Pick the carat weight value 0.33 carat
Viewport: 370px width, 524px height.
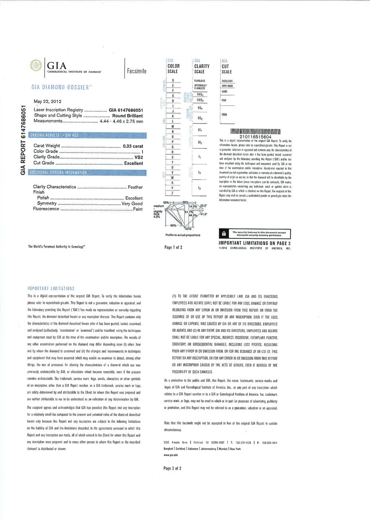pos(132,146)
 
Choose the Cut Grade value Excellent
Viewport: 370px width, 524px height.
pos(133,163)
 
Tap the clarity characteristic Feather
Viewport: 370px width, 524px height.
pos(135,187)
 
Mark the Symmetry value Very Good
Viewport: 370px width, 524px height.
pos(132,203)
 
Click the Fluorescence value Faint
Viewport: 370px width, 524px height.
pos(138,209)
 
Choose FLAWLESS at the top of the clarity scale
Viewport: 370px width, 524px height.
pos(199,80)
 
